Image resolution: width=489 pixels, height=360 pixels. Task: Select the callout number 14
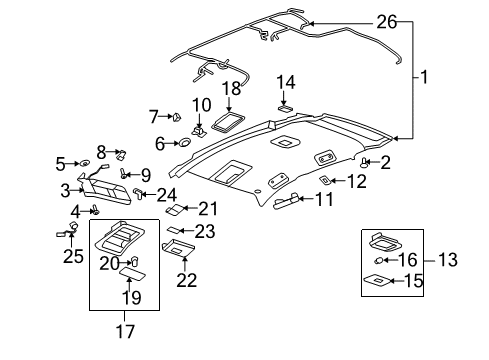tap(285, 83)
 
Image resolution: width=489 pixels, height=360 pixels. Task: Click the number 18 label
tap(231, 91)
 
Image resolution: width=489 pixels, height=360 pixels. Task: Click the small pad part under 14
tap(285, 105)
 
